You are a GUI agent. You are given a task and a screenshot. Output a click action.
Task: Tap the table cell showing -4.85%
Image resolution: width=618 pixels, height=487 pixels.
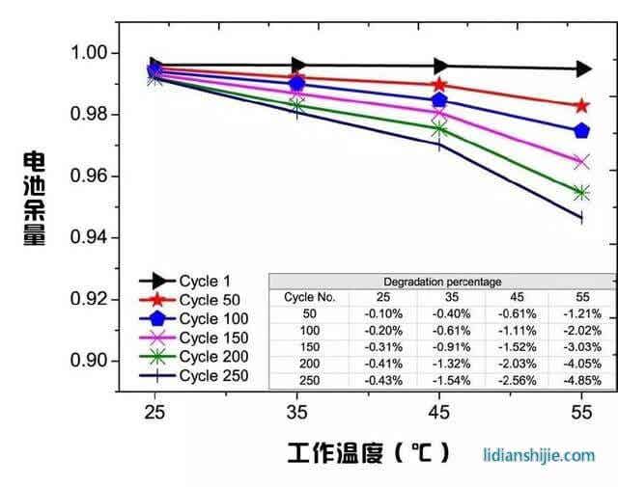(x=581, y=380)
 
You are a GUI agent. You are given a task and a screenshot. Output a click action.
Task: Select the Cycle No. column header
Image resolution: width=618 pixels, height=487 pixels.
(x=310, y=297)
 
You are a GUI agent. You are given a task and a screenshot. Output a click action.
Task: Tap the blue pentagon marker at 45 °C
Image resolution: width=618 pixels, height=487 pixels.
(x=439, y=99)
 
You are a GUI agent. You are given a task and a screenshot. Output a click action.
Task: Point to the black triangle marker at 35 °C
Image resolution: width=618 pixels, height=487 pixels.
(x=297, y=66)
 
